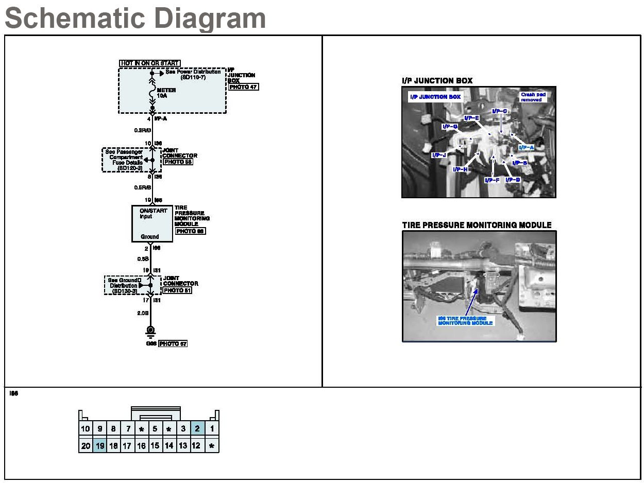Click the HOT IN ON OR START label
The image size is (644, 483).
coord(150,63)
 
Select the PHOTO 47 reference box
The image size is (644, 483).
coord(243,87)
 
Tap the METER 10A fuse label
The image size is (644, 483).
coord(166,93)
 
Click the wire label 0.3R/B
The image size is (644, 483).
coord(142,130)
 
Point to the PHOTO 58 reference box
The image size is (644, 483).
coord(178,162)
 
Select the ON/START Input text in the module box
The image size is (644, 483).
coord(150,213)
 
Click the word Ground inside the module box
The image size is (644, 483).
coord(150,237)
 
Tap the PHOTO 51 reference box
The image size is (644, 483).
coord(177,290)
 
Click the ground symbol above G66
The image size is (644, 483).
coord(151,331)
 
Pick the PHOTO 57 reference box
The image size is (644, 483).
coord(173,343)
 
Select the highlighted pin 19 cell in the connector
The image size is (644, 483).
coord(99,446)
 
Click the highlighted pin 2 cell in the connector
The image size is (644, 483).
coord(197,428)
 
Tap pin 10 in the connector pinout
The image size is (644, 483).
coord(86,428)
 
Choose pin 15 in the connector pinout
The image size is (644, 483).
coord(155,446)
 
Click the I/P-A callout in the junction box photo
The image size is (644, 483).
coord(526,147)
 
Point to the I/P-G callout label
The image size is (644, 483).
coord(449,126)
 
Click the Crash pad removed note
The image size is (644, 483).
coord(533,97)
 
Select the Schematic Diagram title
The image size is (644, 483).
coord(135,18)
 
